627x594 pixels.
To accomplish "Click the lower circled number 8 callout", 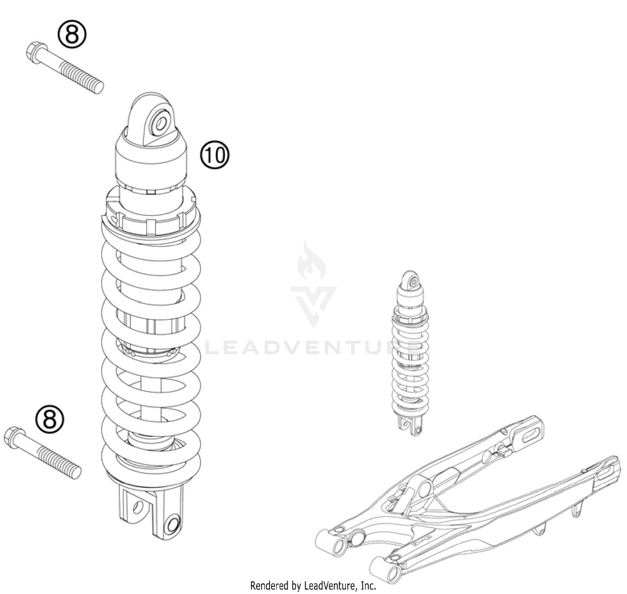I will [x=50, y=419].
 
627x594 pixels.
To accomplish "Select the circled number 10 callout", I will [x=215, y=155].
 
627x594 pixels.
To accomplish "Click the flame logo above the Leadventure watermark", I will [x=311, y=261].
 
